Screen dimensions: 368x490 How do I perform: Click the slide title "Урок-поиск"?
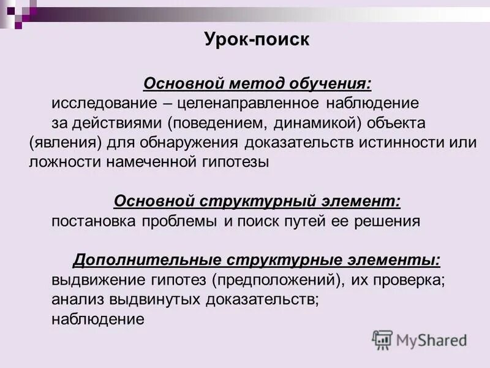(x=257, y=41)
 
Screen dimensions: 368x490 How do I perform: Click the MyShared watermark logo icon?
(x=382, y=340)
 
